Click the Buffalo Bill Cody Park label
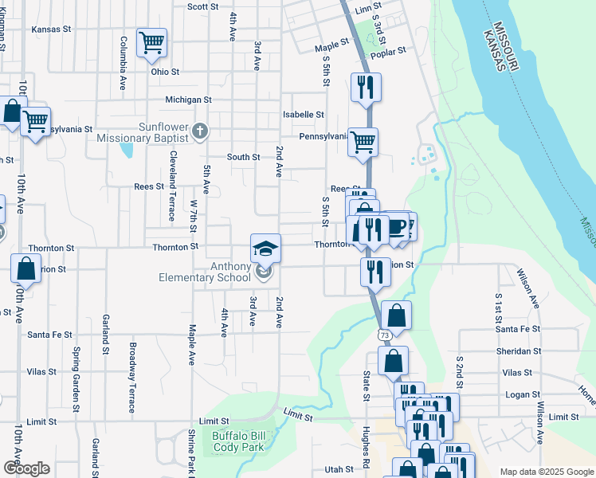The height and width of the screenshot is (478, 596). coord(241,441)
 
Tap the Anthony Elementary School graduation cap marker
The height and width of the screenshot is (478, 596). coord(265,248)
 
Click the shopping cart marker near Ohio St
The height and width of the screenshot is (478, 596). coord(151,42)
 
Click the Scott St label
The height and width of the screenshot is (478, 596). coord(202,6)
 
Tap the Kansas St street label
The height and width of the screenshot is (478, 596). coord(47,29)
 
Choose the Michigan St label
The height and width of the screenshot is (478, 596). coord(188,100)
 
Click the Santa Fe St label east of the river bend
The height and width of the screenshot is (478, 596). coord(517,329)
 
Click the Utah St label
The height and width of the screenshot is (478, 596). coord(338,470)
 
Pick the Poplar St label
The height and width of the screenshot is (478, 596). coord(390,49)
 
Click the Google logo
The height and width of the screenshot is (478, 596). coord(26,468)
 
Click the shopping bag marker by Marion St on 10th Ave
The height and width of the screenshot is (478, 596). coord(25,269)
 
